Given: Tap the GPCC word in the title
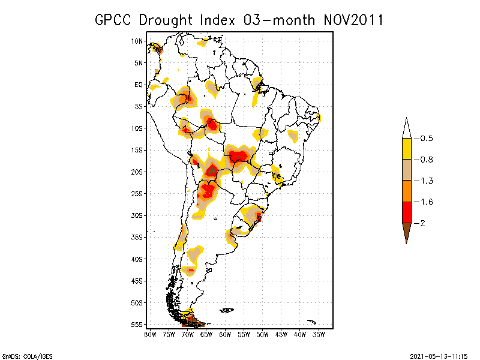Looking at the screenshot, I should pyautogui.click(x=114, y=20).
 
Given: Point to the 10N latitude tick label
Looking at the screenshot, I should pyautogui.click(x=137, y=41).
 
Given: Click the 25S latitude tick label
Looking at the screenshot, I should pyautogui.click(x=137, y=194).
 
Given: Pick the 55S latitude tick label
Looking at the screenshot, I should pyautogui.click(x=137, y=325).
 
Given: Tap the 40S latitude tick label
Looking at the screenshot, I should pyautogui.click(x=137, y=259).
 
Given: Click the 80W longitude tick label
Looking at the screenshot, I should pyautogui.click(x=150, y=334).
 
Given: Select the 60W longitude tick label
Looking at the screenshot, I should pyautogui.click(x=225, y=334).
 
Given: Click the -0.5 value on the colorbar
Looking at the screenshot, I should pyautogui.click(x=424, y=139).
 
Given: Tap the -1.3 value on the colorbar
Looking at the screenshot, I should pyautogui.click(x=424, y=181).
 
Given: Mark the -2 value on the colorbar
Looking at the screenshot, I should pyautogui.click(x=422, y=223).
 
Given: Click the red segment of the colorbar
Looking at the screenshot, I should pyautogui.click(x=406, y=212).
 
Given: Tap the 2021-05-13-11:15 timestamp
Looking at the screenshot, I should pyautogui.click(x=438, y=356).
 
